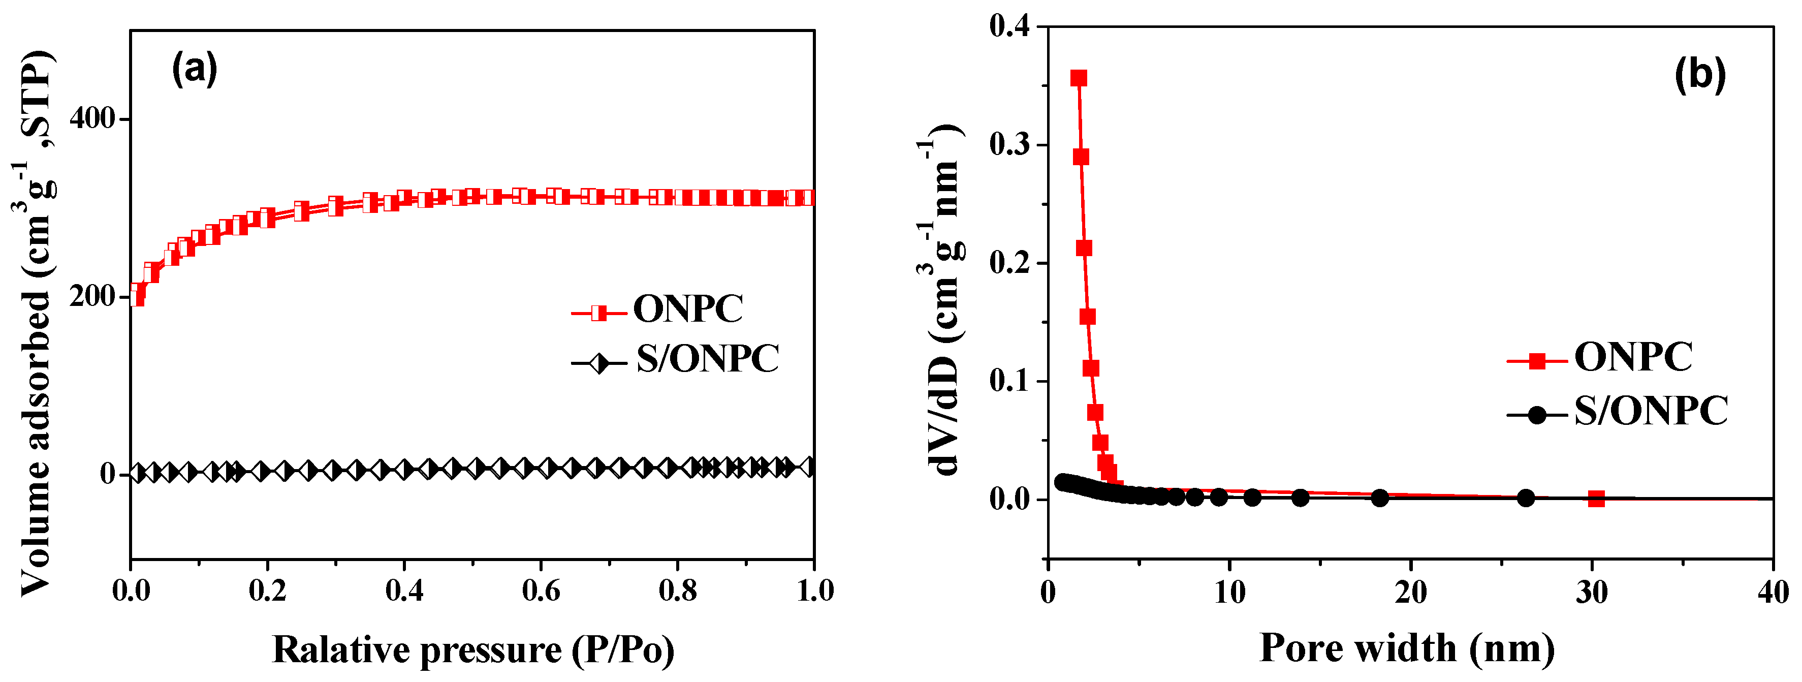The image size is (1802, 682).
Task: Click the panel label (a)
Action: [195, 69]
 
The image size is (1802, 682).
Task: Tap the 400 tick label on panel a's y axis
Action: [91, 118]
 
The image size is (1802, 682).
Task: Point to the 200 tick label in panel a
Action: [91, 296]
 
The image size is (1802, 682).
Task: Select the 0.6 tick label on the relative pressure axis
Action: [541, 591]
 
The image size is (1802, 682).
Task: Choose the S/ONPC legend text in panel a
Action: [707, 359]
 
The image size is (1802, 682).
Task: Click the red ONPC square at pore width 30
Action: [1596, 499]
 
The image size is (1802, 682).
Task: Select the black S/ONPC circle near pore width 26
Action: [1526, 498]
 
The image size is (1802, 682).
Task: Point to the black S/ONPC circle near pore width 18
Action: [1379, 498]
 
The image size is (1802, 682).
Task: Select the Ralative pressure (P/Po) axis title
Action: [473, 650]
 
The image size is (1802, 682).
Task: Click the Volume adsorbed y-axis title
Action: [35, 322]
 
